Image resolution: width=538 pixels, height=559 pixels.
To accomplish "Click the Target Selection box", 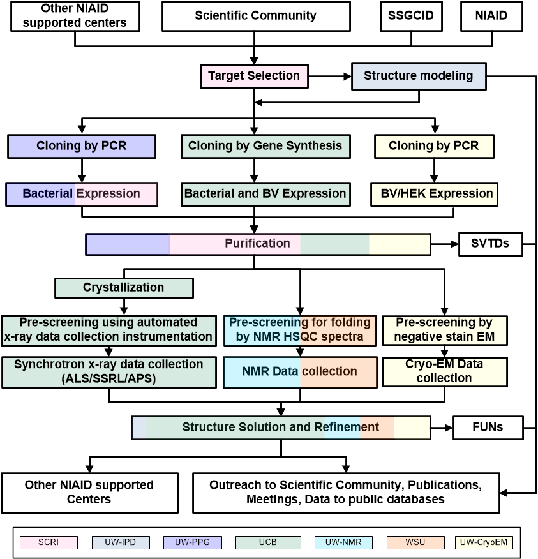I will pos(254,76).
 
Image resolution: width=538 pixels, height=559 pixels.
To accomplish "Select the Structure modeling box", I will pos(418,76).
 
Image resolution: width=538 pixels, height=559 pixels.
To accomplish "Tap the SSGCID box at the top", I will pos(410,16).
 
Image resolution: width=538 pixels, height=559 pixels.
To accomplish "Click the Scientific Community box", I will pos(255,16).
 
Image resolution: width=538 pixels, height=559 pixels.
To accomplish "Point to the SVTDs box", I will pos(490,244).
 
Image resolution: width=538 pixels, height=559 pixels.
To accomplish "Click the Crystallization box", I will pos(124,288).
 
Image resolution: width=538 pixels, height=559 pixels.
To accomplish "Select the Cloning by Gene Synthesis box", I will pos(265,146).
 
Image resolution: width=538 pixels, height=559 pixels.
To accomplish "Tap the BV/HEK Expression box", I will pos(433,193).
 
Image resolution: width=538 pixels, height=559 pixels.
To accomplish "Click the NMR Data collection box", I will pos(299,372).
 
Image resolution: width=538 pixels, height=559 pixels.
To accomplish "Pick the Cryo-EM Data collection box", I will pos(444,371).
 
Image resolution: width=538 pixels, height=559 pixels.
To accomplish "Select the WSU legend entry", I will pos(415,543).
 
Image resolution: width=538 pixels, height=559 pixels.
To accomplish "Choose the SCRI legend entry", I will pos(49,543).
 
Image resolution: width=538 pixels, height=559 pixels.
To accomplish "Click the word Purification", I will pos(257,243).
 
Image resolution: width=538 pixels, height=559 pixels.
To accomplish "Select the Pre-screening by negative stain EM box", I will pos(444,330).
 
